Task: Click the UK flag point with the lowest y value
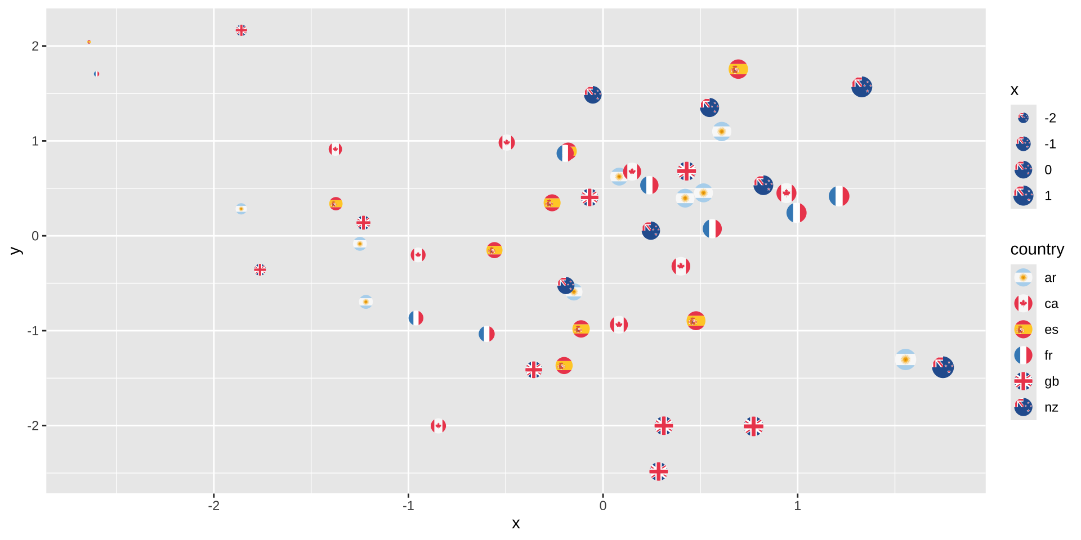pyautogui.click(x=658, y=471)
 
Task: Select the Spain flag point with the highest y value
pyautogui.click(x=738, y=69)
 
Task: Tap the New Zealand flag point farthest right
pyautogui.click(x=942, y=367)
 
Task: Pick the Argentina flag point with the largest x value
pyautogui.click(x=905, y=359)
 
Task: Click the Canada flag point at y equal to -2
pyautogui.click(x=438, y=426)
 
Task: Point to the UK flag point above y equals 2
pyautogui.click(x=241, y=30)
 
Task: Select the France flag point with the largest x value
pyautogui.click(x=839, y=196)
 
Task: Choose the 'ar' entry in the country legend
pyautogui.click(x=1023, y=278)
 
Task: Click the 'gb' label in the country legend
pyautogui.click(x=1051, y=381)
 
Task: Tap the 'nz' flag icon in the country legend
pyautogui.click(x=1023, y=407)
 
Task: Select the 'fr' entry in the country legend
pyautogui.click(x=1023, y=355)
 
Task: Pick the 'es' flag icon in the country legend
pyautogui.click(x=1023, y=330)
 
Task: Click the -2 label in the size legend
pyautogui.click(x=1049, y=118)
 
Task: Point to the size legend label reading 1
pyautogui.click(x=1048, y=196)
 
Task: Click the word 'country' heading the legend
pyautogui.click(x=1037, y=249)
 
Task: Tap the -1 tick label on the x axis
pyautogui.click(x=408, y=506)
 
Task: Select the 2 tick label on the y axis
pyautogui.click(x=35, y=46)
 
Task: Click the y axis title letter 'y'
pyautogui.click(x=15, y=251)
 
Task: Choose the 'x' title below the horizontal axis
pyautogui.click(x=516, y=524)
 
